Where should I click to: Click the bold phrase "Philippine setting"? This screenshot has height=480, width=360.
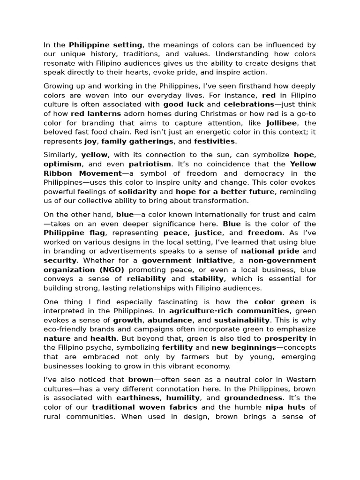coord(105,45)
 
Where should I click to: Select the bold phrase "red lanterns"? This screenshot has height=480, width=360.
coord(96,113)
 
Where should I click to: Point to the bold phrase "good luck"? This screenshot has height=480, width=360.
coord(183,105)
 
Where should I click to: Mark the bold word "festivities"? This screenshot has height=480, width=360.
coord(215,141)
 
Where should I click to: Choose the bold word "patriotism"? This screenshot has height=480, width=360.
coord(150,164)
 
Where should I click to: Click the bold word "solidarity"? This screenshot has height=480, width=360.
coord(137,192)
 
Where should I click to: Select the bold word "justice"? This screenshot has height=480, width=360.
coord(208,232)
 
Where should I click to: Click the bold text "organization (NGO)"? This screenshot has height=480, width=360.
coord(84,270)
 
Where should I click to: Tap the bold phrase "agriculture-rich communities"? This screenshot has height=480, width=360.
coord(229,311)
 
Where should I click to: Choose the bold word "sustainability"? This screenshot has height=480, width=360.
coord(242,320)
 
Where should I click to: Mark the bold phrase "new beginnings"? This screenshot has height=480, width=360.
coord(244,347)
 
